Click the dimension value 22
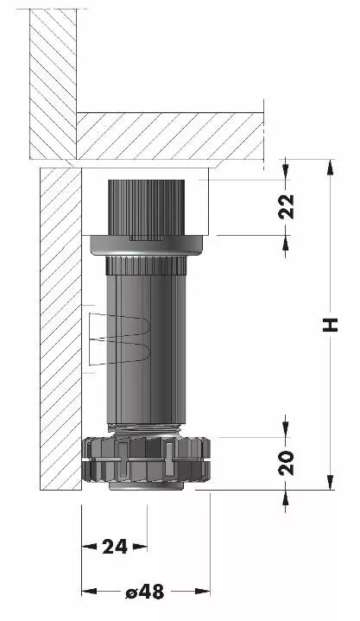point(287,206)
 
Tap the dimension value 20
point(287,463)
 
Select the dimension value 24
point(115,547)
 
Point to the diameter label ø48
point(145,592)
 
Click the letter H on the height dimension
point(330,325)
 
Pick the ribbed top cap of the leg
point(147,207)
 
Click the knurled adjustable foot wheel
point(145,459)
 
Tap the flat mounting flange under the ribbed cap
point(146,245)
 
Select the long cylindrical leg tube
point(146,349)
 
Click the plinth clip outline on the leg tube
point(119,339)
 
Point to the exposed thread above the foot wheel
point(146,429)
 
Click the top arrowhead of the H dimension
point(330,167)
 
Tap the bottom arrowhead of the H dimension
point(330,483)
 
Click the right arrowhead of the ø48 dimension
point(202,592)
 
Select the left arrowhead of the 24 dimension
point(89,547)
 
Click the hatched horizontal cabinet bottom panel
point(170,136)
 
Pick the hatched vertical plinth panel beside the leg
point(61,329)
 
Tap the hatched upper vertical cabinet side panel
point(53,84)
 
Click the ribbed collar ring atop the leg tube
point(146,265)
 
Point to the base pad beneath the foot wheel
point(145,486)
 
